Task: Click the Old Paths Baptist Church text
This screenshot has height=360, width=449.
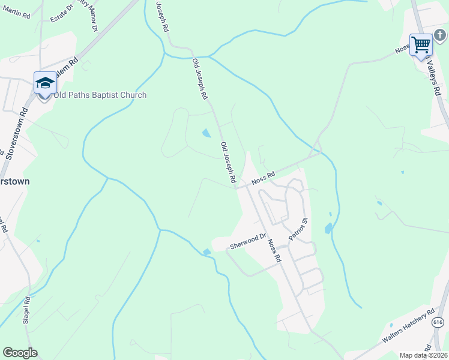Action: tap(100, 95)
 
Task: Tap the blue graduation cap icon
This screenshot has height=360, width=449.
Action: tap(44, 83)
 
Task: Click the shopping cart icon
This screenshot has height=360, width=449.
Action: tap(421, 44)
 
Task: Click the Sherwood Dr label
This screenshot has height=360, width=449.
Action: tap(247, 242)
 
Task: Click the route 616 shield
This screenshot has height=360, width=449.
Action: tap(437, 322)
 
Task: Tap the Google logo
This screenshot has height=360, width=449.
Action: tap(20, 353)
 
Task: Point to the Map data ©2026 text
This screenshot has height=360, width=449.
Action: tap(423, 355)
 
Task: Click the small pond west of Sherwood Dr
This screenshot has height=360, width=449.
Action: tap(207, 252)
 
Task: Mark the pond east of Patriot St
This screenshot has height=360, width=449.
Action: tap(328, 228)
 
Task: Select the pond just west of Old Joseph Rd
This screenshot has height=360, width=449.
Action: tap(206, 133)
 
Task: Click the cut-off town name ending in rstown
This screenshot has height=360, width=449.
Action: tap(15, 181)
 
